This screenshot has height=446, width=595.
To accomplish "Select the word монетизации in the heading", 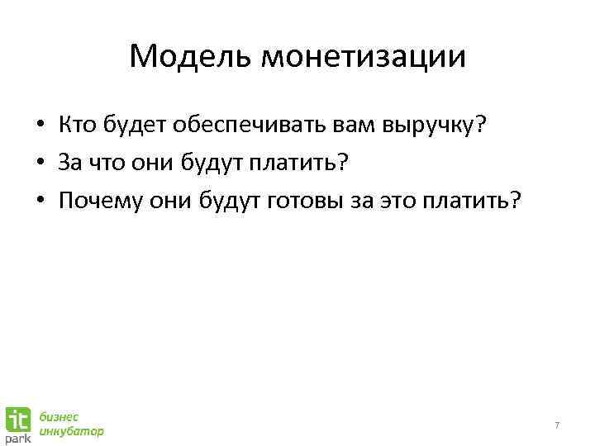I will (364, 57).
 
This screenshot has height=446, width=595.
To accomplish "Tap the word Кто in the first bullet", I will (79, 125).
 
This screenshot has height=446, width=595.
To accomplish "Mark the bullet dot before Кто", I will (39, 126).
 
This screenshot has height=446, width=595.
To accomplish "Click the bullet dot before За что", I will (39, 164).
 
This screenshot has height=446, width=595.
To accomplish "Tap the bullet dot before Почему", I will (39, 201).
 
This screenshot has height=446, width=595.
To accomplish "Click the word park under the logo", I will (19, 439).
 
